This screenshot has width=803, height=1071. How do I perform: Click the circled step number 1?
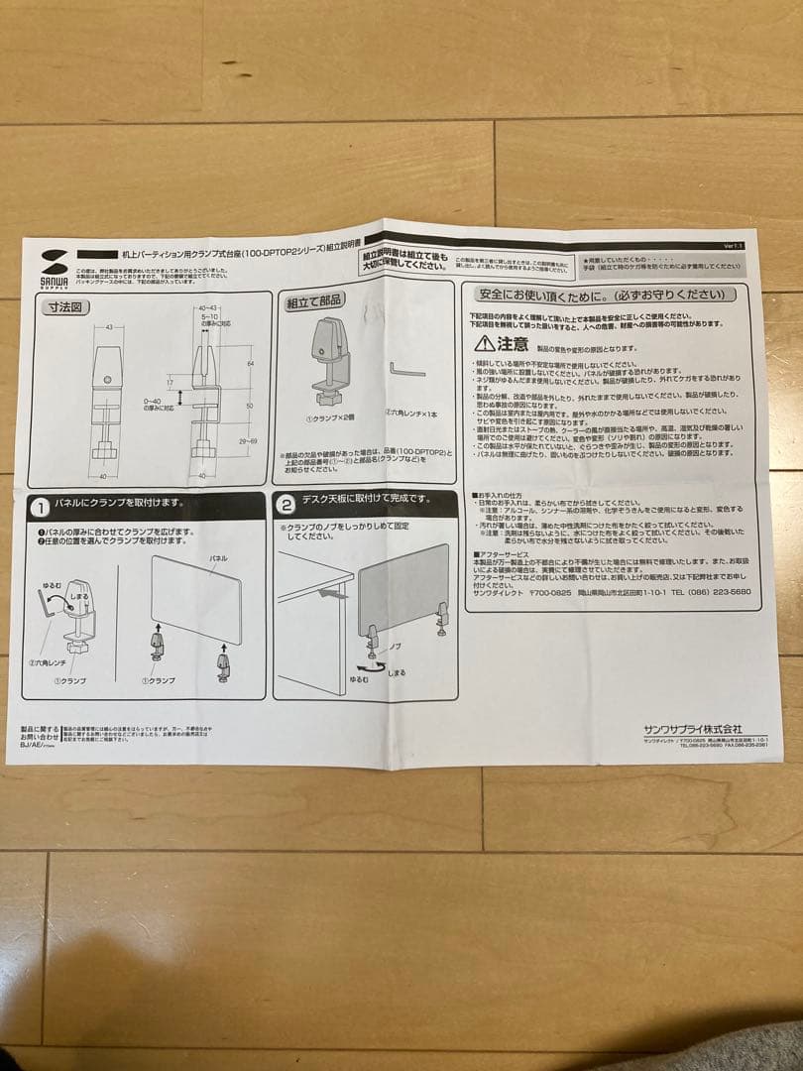tap(41, 508)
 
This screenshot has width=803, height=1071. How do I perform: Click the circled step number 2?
tap(286, 504)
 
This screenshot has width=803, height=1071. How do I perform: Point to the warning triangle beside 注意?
tap(483, 343)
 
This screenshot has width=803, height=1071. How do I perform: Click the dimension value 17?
tap(170, 381)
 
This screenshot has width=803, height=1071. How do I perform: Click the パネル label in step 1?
tap(218, 558)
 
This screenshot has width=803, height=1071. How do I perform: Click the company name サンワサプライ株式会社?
tap(692, 728)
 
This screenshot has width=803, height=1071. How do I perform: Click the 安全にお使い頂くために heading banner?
tap(606, 295)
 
